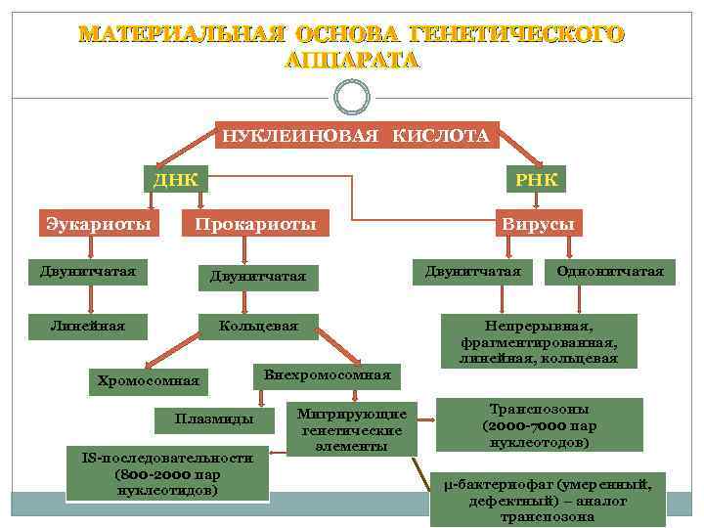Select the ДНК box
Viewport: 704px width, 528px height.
pos(175,179)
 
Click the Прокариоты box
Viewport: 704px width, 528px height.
pos(255,224)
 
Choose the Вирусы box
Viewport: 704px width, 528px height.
pos(538,224)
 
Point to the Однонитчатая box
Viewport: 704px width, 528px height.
pos(609,271)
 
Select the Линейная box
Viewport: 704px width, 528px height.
pos(88,325)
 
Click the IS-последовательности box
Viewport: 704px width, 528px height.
pos(166,473)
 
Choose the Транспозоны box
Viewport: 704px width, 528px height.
pos(540,425)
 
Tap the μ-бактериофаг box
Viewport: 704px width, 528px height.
pos(548,500)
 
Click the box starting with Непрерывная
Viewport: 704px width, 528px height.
pos(539,340)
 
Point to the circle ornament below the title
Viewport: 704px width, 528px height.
pos(352,96)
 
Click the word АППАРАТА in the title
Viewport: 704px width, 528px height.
pos(352,59)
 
